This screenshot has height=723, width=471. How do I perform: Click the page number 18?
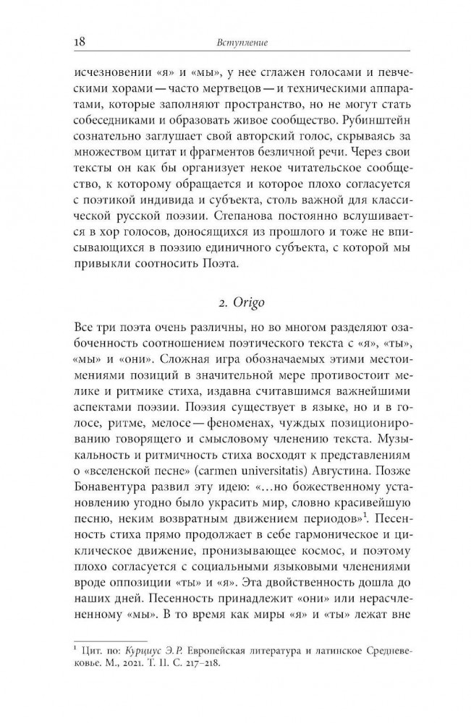coord(81,43)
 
